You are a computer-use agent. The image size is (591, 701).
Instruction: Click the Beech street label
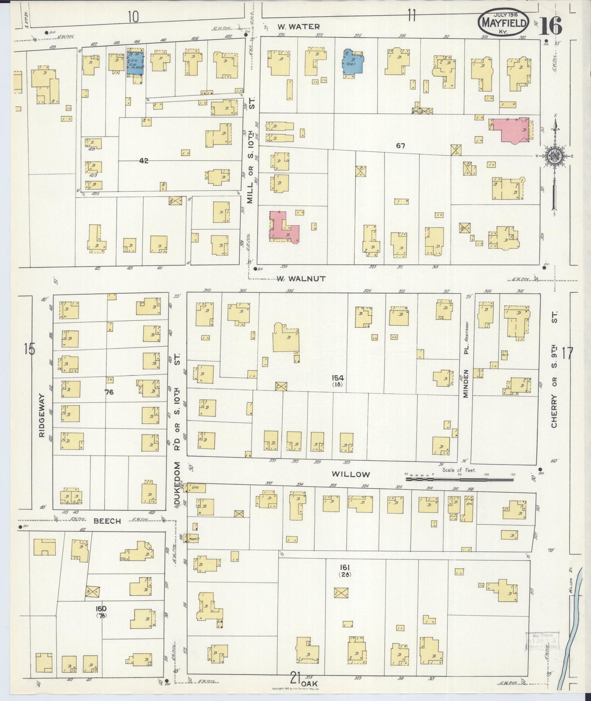point(107,521)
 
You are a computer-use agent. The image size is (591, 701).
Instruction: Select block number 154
point(338,378)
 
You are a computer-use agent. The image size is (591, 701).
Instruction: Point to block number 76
point(109,392)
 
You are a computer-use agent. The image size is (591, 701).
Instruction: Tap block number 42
point(143,161)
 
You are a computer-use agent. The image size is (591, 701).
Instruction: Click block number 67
point(400,145)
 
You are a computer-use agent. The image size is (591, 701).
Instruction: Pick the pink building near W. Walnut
point(283,227)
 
